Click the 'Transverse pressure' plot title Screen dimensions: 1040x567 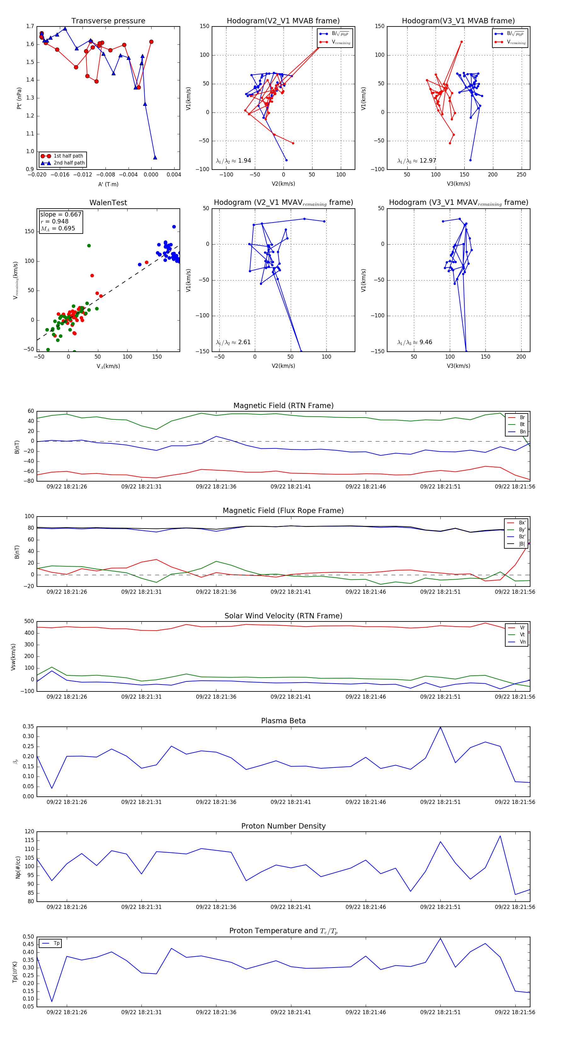[x=108, y=21]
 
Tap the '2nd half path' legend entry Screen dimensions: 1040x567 [x=69, y=163]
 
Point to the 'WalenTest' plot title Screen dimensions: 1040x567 [x=108, y=203]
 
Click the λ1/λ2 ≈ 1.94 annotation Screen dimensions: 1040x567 [x=233, y=161]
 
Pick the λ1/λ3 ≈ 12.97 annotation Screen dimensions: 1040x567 [x=416, y=161]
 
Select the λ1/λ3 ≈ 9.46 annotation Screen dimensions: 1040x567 [x=415, y=342]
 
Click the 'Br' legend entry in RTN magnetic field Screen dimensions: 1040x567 [x=522, y=418]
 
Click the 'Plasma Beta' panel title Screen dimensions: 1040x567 [x=283, y=721]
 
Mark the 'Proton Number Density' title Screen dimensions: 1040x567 [x=283, y=826]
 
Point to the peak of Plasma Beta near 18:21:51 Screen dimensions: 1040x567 [x=440, y=727]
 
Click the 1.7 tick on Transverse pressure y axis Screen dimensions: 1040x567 [x=30, y=26]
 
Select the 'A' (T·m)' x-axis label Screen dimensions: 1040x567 [x=108, y=184]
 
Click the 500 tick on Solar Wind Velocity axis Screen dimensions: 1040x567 [x=29, y=621]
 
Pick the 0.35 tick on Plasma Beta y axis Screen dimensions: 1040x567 [x=28, y=726]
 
